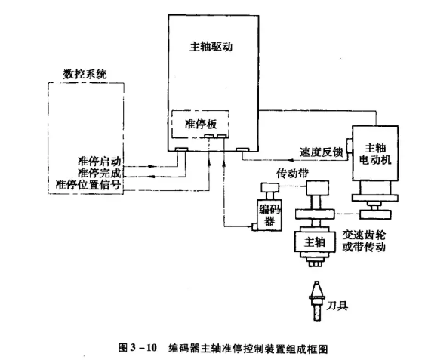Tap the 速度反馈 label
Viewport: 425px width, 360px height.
(316, 151)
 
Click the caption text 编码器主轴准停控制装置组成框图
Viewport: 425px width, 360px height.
(248, 348)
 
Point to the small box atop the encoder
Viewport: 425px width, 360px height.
(268, 186)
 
